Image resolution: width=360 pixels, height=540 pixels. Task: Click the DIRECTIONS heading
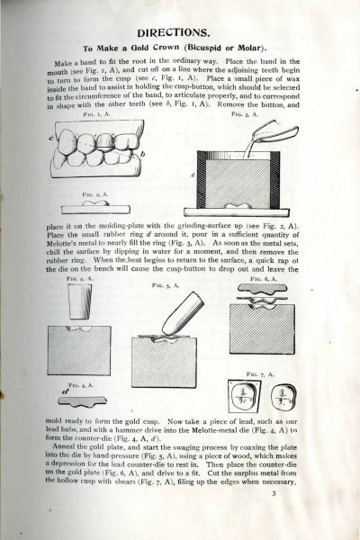pyautogui.click(x=173, y=33)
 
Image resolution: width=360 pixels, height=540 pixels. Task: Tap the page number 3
pyautogui.click(x=274, y=493)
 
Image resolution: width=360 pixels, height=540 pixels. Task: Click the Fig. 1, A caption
pyautogui.click(x=97, y=114)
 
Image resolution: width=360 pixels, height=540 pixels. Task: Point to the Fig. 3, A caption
pyautogui.click(x=245, y=114)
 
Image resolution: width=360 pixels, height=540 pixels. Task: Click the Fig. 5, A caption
pyautogui.click(x=166, y=285)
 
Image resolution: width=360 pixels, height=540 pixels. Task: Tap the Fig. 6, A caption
pyautogui.click(x=264, y=279)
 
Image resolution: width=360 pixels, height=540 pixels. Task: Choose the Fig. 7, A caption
pyautogui.click(x=260, y=374)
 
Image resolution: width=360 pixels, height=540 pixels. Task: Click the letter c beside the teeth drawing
pyautogui.click(x=51, y=139)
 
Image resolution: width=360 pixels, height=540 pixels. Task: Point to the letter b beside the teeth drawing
pyautogui.click(x=142, y=155)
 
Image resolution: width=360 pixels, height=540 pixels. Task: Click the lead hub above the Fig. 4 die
pyautogui.click(x=80, y=302)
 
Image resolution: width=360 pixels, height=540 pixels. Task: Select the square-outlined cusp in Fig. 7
pyautogui.click(x=245, y=396)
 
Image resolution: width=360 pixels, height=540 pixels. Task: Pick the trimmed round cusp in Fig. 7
pyautogui.click(x=283, y=397)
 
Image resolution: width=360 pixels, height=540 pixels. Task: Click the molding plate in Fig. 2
pyautogui.click(x=95, y=210)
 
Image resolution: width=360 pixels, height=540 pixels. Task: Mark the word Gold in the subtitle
pyautogui.click(x=141, y=48)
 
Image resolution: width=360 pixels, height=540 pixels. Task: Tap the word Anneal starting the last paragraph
pyautogui.click(x=62, y=447)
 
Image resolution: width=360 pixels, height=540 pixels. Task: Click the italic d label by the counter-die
pyautogui.click(x=65, y=391)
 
